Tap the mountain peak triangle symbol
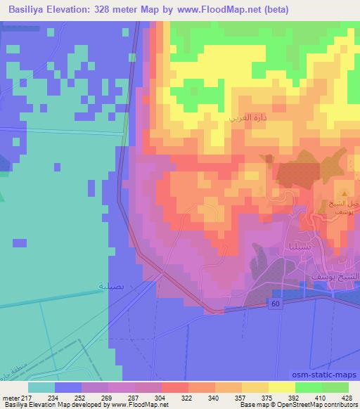[345, 192]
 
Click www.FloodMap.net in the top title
[222, 11]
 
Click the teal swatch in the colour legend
[41, 387]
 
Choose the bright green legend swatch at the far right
[335, 387]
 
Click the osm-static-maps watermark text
[326, 376]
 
